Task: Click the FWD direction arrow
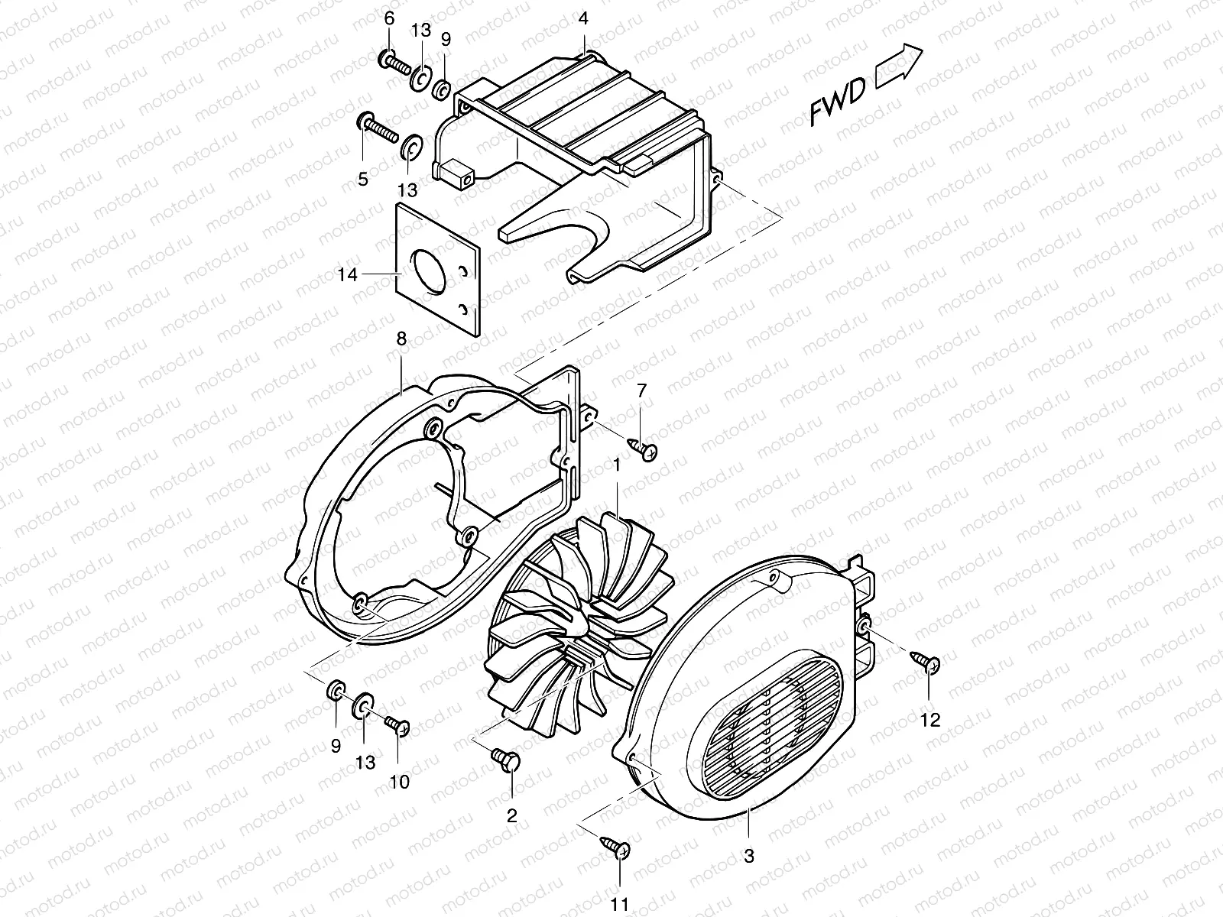pyautogui.click(x=899, y=67)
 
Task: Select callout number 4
pyautogui.click(x=583, y=19)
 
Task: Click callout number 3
pyautogui.click(x=749, y=857)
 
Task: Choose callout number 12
pyautogui.click(x=930, y=720)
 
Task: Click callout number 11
pyautogui.click(x=621, y=904)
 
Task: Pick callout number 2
pyautogui.click(x=512, y=815)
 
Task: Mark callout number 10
pyautogui.click(x=400, y=781)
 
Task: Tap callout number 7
pyautogui.click(x=641, y=390)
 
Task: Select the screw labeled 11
pyautogui.click(x=616, y=847)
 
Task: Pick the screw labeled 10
pyautogui.click(x=398, y=722)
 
